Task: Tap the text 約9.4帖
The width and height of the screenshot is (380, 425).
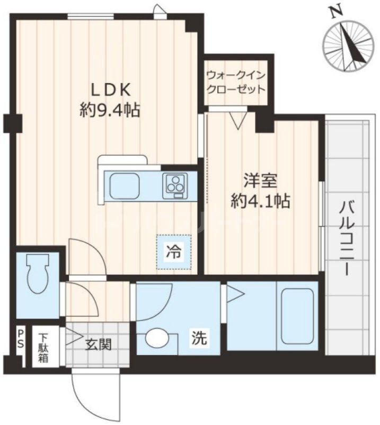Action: pyautogui.click(x=110, y=110)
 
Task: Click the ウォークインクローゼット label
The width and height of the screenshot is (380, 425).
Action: pyautogui.click(x=236, y=82)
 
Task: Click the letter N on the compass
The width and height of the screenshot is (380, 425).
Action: pyautogui.click(x=334, y=12)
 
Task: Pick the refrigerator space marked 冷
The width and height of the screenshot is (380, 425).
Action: pyautogui.click(x=173, y=252)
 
